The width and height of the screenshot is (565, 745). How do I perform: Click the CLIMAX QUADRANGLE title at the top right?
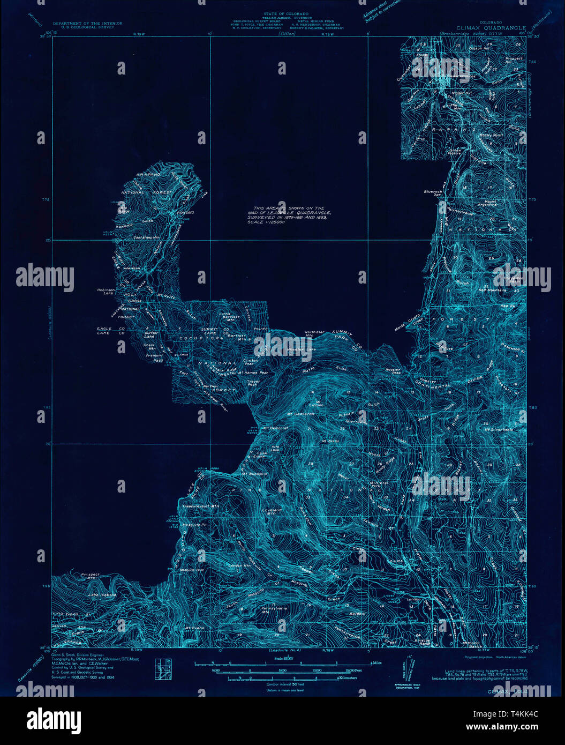pos(491,28)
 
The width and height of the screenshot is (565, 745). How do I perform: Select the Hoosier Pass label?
pos(393,371)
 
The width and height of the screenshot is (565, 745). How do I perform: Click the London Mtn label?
pos(239,565)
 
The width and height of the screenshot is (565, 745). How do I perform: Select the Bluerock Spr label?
pos(433,192)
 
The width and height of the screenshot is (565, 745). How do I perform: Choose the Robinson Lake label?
pos(106,292)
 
